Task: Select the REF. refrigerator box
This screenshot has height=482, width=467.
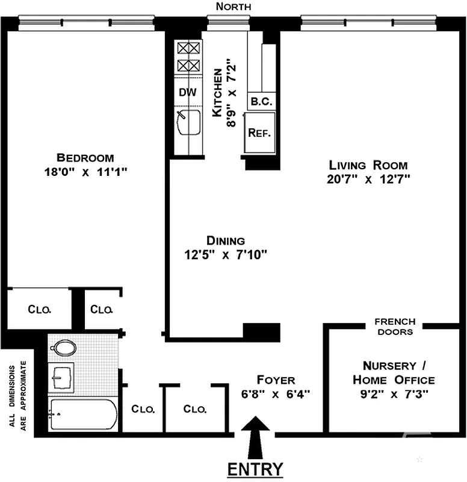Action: pos(260,133)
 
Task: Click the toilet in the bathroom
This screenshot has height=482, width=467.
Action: pos(63,348)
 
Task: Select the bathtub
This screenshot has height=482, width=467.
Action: pos(82,415)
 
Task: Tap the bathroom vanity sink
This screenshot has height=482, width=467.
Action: pos(61,378)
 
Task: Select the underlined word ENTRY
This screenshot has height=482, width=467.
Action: pos(255,469)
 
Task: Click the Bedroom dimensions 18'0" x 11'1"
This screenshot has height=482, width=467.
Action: pos(85,172)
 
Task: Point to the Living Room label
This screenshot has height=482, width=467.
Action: pos(368,165)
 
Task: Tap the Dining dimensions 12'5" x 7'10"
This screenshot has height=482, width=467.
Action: pos(226,255)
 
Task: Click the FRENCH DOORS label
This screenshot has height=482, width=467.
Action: pos(395,327)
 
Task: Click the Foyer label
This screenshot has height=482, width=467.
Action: pos(276,380)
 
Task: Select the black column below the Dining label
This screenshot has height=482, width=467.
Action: pos(261,331)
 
